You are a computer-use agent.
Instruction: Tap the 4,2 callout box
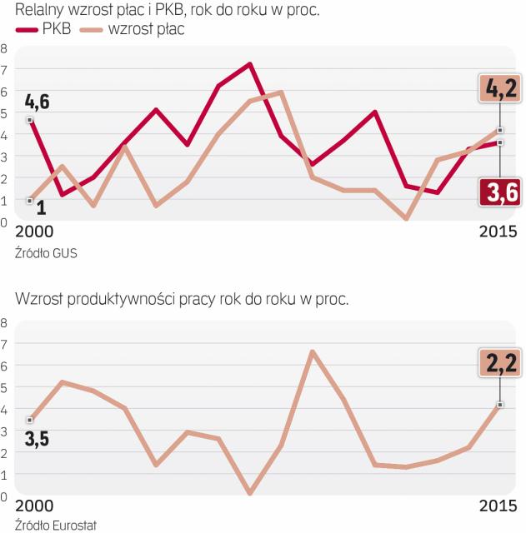[x=499, y=87]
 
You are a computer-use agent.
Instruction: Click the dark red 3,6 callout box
[x=499, y=192]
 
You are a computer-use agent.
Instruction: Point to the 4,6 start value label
[x=37, y=102]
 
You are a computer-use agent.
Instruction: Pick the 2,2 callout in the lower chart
[x=499, y=362]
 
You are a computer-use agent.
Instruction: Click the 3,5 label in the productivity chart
[x=36, y=438]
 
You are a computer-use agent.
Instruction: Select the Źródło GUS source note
[x=45, y=253]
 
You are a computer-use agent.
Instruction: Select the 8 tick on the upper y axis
[x=4, y=48]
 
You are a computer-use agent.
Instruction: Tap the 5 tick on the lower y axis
[x=4, y=388]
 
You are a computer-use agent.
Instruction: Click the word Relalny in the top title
[x=43, y=11]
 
